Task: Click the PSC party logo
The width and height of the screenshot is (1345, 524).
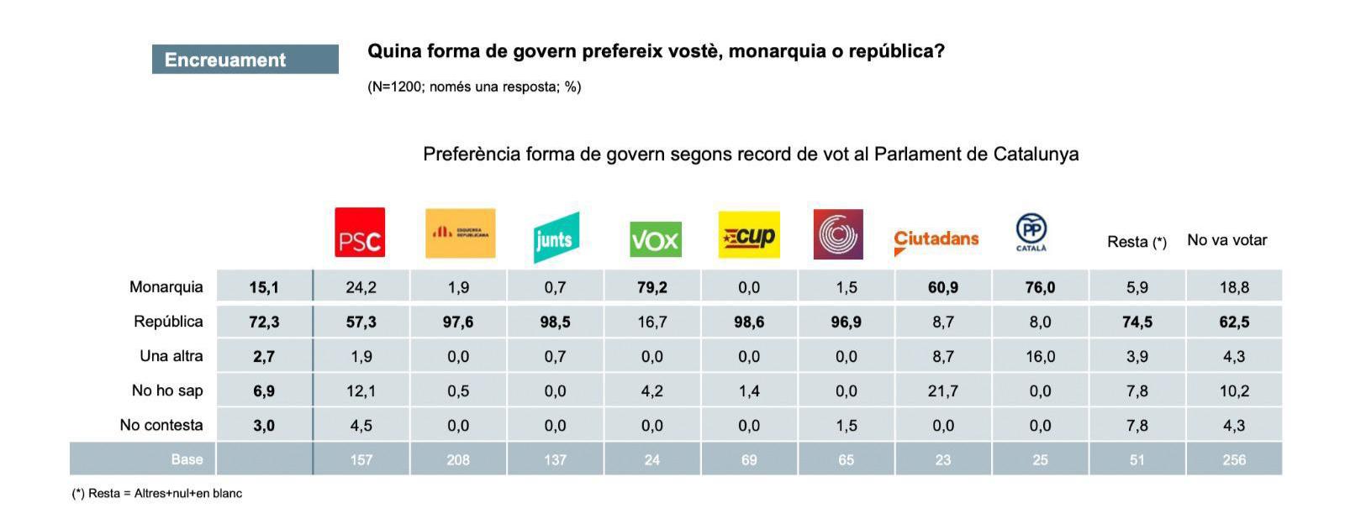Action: coord(360,232)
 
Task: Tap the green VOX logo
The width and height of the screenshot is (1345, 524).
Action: coord(655,239)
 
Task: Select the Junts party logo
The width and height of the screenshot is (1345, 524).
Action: coord(556,238)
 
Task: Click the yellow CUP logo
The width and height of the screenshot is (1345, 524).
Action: coord(749,234)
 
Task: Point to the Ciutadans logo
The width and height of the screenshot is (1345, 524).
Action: coord(936,240)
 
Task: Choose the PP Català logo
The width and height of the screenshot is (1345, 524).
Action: coord(1031,233)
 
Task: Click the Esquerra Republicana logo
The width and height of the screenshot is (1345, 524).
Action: coord(460,233)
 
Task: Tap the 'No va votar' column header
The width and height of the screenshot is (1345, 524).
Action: coord(1226,240)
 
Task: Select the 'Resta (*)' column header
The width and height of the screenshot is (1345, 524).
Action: coord(1137,242)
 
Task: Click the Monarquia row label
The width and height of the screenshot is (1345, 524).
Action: coord(166,287)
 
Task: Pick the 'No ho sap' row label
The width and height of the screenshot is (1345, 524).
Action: coord(167,390)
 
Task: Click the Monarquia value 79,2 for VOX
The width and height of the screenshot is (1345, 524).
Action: coord(652,287)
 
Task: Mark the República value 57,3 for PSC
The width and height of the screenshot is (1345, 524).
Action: coord(361,322)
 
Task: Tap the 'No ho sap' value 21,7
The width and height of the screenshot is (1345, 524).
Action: coord(943,390)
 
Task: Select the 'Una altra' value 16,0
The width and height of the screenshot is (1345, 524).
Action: coord(1040,356)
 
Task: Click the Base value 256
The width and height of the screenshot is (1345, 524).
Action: coord(1234,459)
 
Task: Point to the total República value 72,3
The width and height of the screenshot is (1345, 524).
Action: coord(264,322)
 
